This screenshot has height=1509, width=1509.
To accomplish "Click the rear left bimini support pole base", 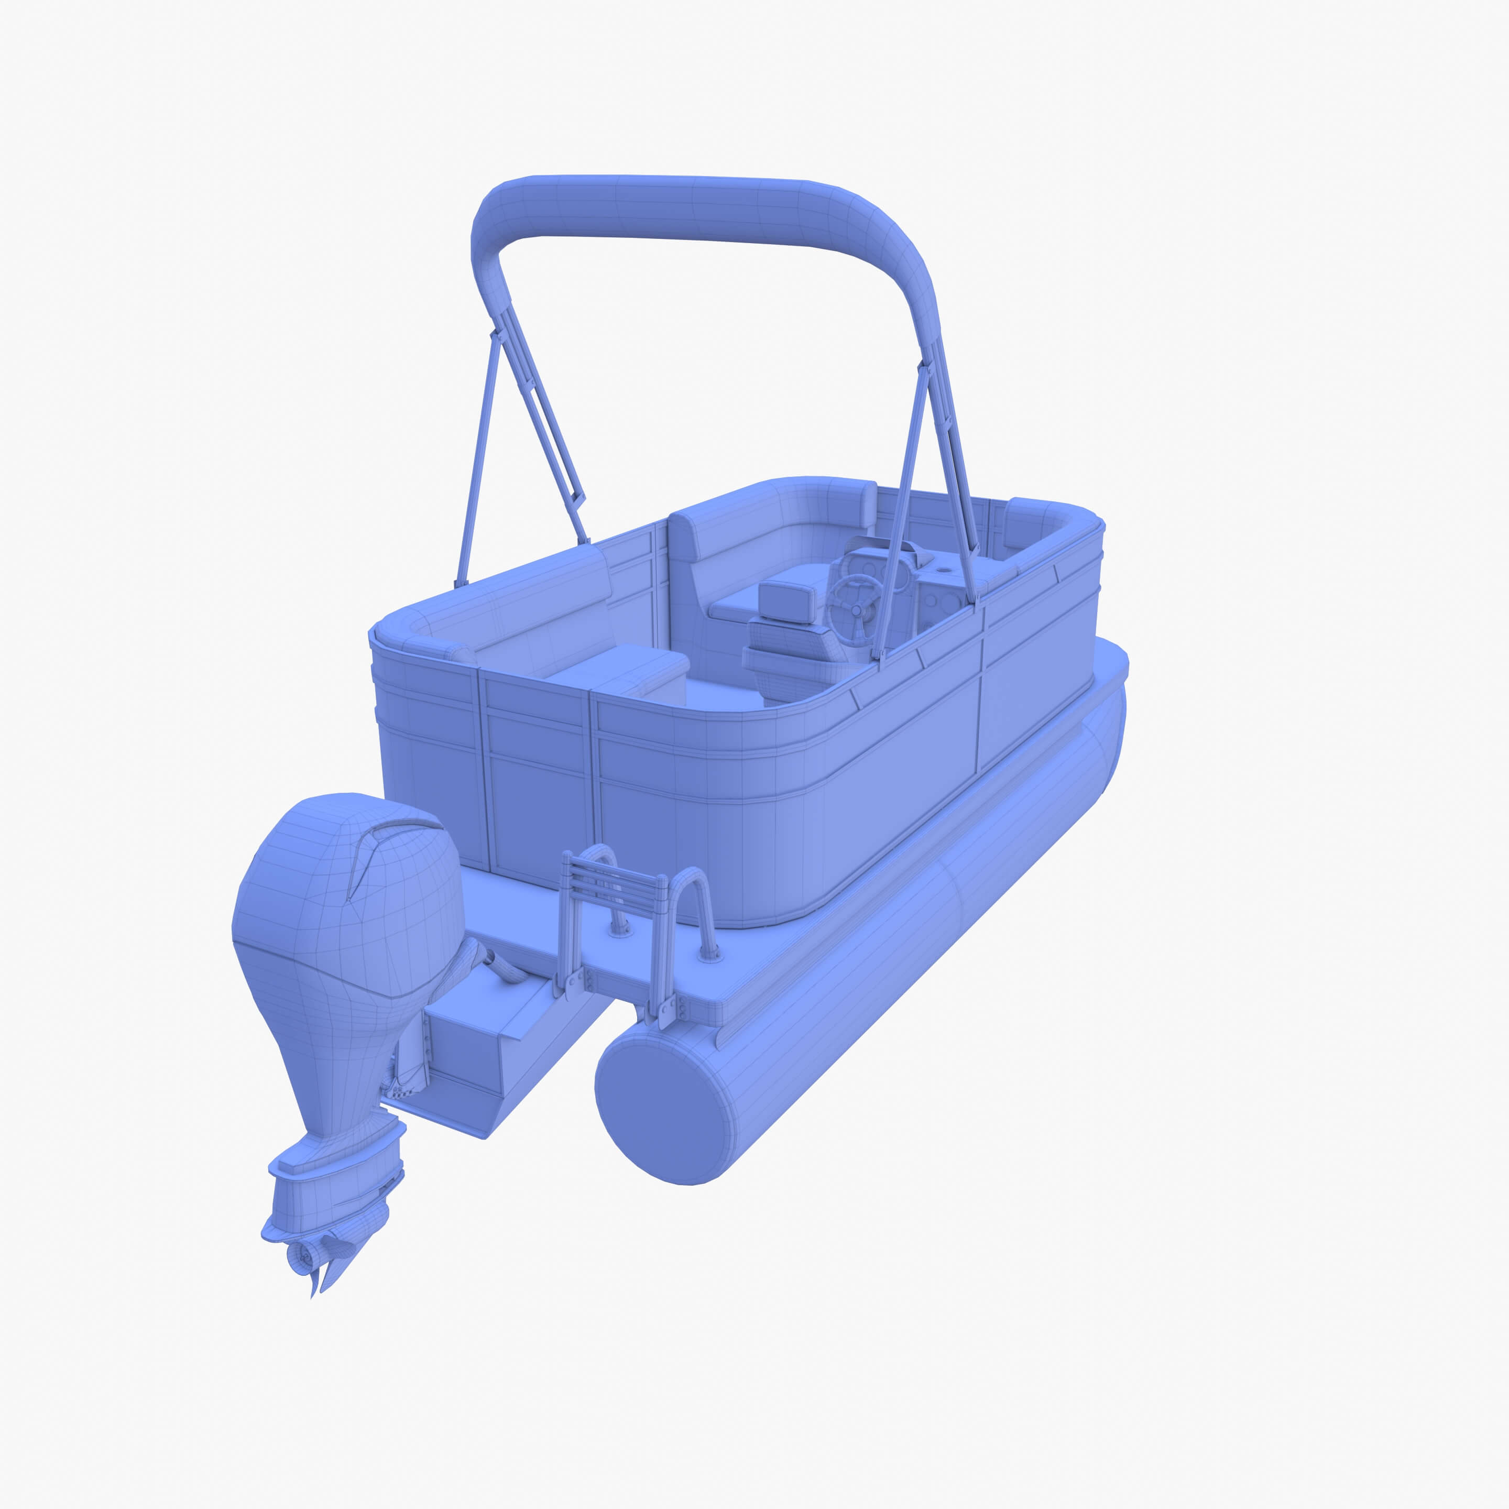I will pos(461,582).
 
